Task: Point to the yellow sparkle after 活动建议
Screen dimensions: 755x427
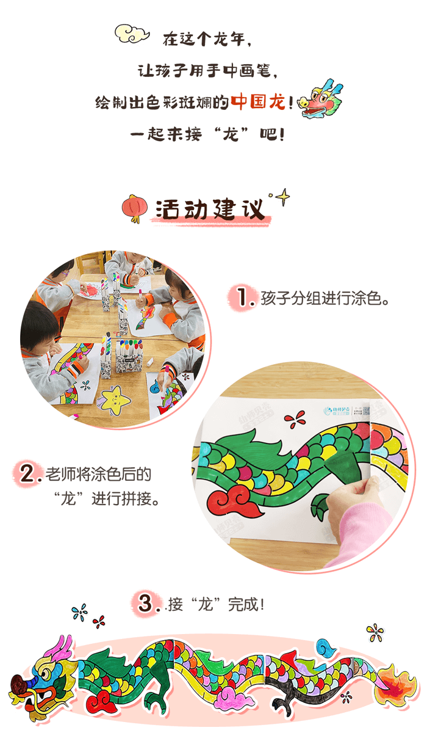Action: point(282,197)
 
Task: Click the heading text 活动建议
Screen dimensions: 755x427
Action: point(211,210)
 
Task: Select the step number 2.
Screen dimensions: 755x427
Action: point(31,475)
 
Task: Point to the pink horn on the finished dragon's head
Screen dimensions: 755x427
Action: point(61,647)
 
